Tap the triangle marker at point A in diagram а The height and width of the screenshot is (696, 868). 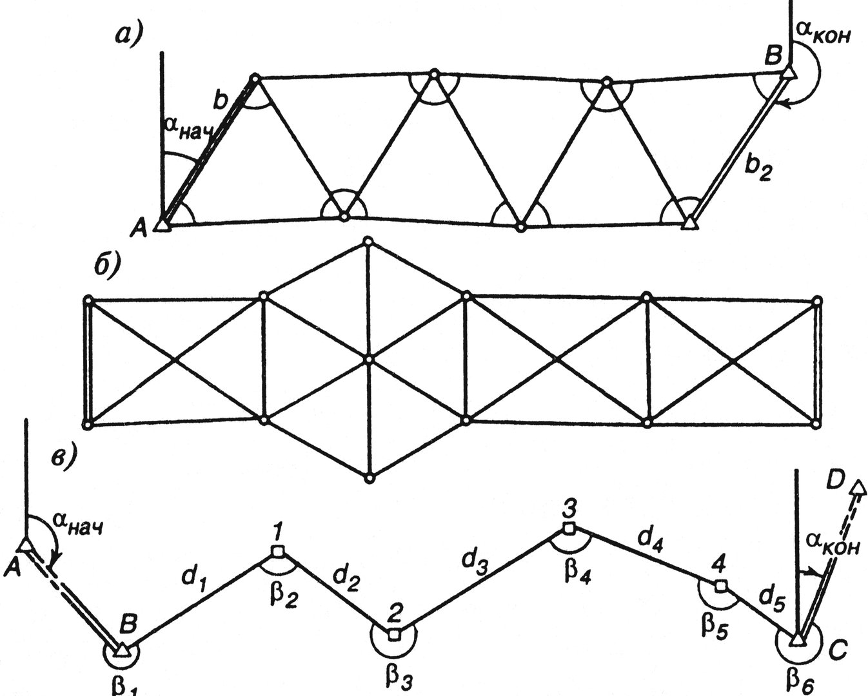pyautogui.click(x=163, y=225)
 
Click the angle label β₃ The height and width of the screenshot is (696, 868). pyautogui.click(x=399, y=681)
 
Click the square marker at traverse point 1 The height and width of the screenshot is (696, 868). pyautogui.click(x=277, y=551)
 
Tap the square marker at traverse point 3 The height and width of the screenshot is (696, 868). pyautogui.click(x=568, y=528)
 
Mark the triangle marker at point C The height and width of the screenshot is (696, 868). pyautogui.click(x=797, y=650)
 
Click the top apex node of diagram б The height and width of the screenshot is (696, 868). pyautogui.click(x=368, y=241)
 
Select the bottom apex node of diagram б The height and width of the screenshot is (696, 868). pyautogui.click(x=369, y=479)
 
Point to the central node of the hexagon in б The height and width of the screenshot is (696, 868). pyautogui.click(x=368, y=359)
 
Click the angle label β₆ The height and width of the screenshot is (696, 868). pyautogui.click(x=801, y=682)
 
